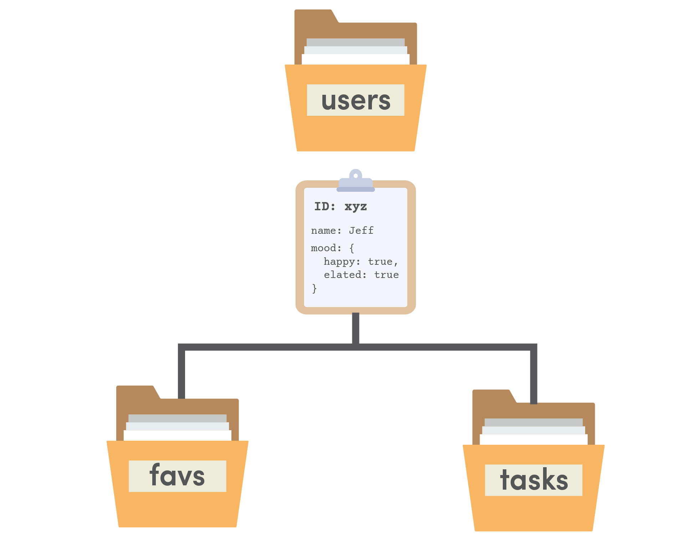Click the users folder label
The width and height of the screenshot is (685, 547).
pos(356,100)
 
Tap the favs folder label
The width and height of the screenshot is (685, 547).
pos(177,476)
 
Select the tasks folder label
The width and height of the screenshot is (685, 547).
pos(533,480)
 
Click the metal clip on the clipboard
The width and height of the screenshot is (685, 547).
pos(356,181)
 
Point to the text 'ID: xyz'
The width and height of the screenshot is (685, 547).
pos(340,206)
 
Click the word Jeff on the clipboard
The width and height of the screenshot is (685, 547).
pos(361,231)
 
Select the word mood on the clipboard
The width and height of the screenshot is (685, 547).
pos(323,248)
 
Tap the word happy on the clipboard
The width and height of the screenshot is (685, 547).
pos(339,262)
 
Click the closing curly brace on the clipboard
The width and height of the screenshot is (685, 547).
pos(314,288)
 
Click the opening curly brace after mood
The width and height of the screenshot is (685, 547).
pos(352,248)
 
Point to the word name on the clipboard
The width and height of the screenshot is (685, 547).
pos(323,231)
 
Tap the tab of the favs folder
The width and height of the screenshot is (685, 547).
pos(136,392)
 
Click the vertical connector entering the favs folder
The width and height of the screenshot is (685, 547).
pos(182,374)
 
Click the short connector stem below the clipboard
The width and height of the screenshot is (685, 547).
pos(356,328)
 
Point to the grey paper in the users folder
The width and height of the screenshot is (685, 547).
pos(356,42)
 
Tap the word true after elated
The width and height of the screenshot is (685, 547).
pos(387,275)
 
